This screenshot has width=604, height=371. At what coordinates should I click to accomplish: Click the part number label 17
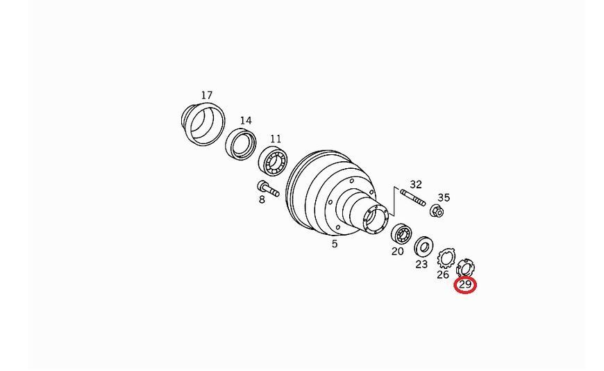206,95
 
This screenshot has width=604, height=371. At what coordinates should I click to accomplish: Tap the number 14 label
246,121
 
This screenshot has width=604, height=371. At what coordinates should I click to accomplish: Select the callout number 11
276,138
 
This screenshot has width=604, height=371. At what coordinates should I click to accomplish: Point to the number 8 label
262,200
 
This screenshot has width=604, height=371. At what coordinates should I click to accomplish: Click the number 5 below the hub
335,244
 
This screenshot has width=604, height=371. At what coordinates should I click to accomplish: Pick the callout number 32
416,184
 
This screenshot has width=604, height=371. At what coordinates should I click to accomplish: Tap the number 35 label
444,197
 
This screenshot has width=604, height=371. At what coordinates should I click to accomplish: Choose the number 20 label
398,252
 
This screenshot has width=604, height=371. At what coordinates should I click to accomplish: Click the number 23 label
421,264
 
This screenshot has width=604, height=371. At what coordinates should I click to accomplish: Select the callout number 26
443,274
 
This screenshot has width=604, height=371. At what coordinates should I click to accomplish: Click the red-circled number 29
465,285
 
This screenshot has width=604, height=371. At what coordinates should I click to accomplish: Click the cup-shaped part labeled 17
203,124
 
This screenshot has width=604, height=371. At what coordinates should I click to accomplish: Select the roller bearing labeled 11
273,162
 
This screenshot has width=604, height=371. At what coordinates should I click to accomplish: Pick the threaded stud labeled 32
413,197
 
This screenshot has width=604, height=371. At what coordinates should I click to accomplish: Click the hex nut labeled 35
437,211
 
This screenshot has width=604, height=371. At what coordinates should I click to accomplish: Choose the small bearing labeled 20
401,234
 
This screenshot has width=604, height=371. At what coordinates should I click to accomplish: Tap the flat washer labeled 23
423,247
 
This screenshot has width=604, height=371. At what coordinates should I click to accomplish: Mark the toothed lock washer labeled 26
446,258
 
